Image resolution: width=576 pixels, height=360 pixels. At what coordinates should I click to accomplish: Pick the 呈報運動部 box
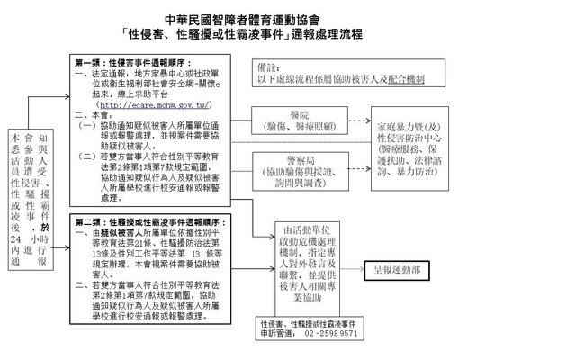click(396, 269)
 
